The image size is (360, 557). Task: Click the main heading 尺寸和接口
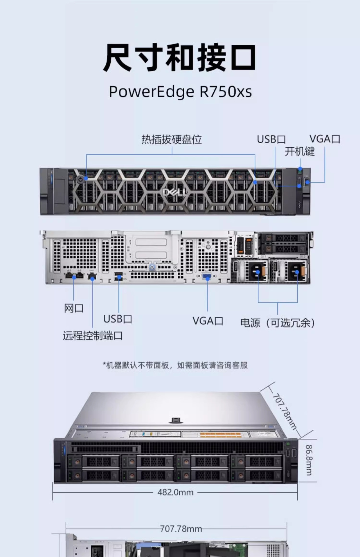pyautogui.click(x=180, y=57)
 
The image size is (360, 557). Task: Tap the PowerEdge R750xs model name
pyautogui.click(x=180, y=92)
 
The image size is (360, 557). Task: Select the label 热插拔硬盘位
pyautogui.click(x=172, y=140)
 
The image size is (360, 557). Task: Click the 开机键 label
pyautogui.click(x=300, y=151)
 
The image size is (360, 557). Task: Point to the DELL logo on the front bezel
pyautogui.click(x=175, y=192)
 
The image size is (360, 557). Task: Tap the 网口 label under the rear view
pyautogui.click(x=74, y=308)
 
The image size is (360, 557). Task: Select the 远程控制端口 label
pyautogui.click(x=93, y=336)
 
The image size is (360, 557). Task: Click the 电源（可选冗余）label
pyautogui.click(x=278, y=323)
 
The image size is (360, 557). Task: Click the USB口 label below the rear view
pyautogui.click(x=118, y=319)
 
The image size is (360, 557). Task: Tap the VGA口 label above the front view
pyautogui.click(x=325, y=139)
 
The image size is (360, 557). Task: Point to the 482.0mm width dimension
pyautogui.click(x=175, y=492)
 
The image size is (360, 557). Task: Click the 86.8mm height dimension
pyautogui.click(x=309, y=460)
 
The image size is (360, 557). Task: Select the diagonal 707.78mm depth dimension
pyautogui.click(x=285, y=411)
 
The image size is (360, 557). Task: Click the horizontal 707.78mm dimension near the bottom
pyautogui.click(x=181, y=529)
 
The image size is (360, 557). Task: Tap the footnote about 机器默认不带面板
pyautogui.click(x=175, y=365)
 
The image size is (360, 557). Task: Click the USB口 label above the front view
pyautogui.click(x=271, y=140)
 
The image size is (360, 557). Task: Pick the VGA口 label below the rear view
pyautogui.click(x=208, y=321)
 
